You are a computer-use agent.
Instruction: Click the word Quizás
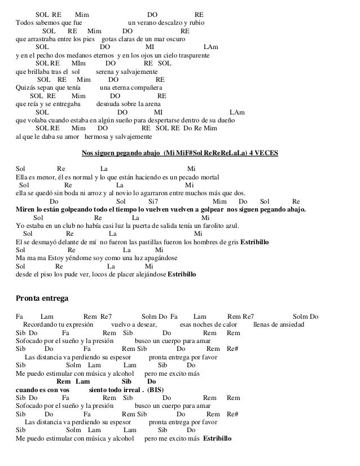click(x=25, y=88)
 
